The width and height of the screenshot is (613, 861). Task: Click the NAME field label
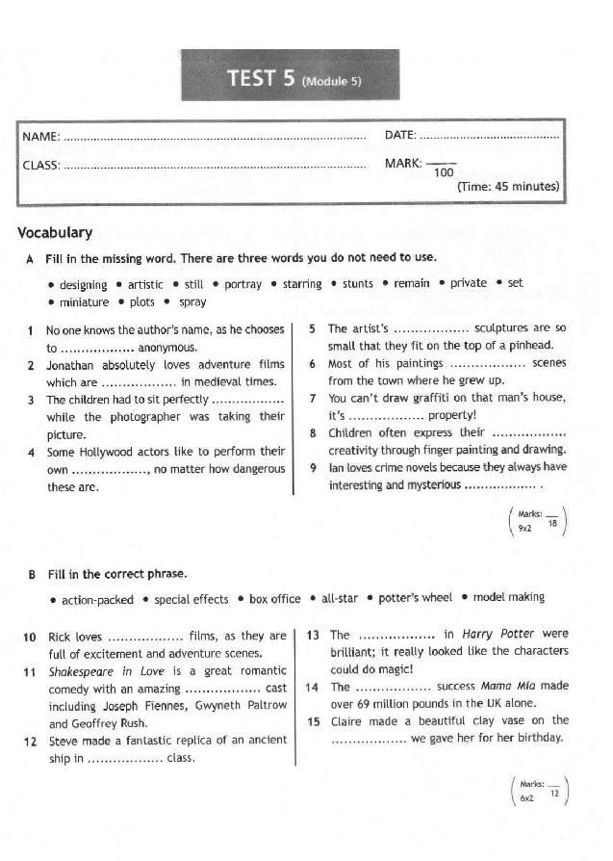[x=40, y=136]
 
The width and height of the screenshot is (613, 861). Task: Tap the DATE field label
[x=399, y=135]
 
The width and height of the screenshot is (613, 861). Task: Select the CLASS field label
[x=40, y=165]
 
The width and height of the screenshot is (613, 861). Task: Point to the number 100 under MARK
[x=443, y=172]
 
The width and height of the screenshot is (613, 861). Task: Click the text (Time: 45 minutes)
[x=508, y=186]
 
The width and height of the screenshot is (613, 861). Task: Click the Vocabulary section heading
[x=55, y=232]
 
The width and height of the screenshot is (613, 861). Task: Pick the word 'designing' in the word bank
[x=83, y=285]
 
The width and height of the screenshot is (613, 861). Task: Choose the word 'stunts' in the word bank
[x=357, y=284]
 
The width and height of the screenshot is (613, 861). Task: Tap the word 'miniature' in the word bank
[x=84, y=302]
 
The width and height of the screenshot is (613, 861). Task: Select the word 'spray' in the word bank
[x=192, y=302]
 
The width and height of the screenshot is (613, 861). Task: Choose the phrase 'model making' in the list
[x=508, y=598]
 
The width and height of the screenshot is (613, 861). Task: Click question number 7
[x=313, y=398]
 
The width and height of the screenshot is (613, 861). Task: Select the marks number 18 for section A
[x=552, y=523]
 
